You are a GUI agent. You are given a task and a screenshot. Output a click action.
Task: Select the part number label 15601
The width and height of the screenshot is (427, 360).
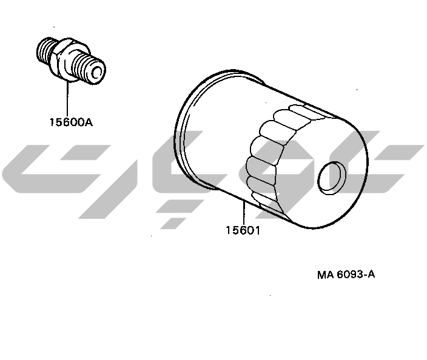[243, 230]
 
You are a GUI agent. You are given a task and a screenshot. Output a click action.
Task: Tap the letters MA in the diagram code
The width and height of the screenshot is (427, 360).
[326, 275]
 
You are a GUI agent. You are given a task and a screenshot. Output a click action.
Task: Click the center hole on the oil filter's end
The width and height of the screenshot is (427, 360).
[332, 176]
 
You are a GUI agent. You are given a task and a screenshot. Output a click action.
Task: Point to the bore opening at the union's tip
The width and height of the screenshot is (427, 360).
[98, 72]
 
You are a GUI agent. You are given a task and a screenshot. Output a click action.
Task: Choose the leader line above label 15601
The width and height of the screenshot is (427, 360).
[244, 212]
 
